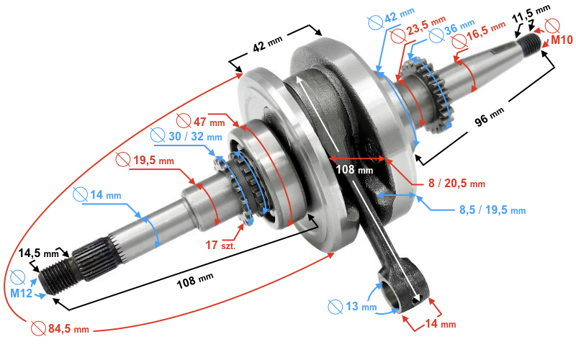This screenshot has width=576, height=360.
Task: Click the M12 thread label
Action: pos(22,294)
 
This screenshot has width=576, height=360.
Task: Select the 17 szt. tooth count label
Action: pos(222,245)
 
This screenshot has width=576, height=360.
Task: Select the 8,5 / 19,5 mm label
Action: pos(492,210)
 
